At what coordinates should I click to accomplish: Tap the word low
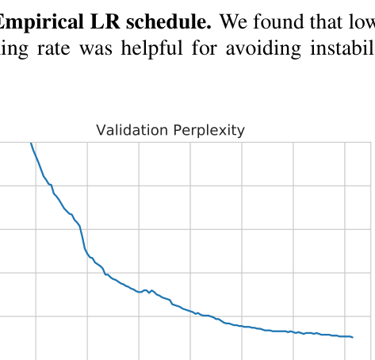click(361, 21)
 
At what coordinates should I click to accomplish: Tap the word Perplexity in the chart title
click(207, 130)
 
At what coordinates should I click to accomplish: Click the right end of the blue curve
click(351, 337)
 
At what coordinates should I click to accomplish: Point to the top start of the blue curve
click(31, 144)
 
